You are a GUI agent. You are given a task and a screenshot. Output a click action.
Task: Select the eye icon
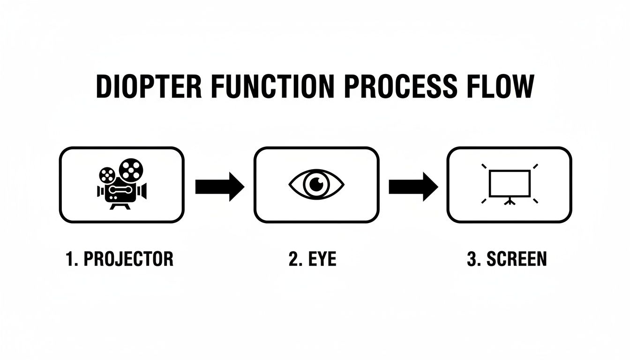point(316,183)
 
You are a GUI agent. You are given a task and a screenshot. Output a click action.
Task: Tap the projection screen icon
point(510,184)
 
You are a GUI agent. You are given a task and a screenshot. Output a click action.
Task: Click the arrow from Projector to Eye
point(219,186)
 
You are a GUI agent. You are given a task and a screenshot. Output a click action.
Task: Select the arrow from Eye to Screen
point(413,186)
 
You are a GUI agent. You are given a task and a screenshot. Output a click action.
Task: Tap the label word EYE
point(323,259)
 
